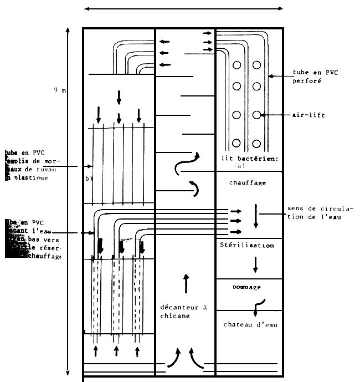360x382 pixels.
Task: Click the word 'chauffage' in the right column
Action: pos(247,182)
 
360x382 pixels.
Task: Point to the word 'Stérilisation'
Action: pos(247,245)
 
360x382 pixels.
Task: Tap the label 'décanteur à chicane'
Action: pos(183,311)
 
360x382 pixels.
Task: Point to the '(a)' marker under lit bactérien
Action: pos(239,166)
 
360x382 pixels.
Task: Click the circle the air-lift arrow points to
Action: pos(257,115)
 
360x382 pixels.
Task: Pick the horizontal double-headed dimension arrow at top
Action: pos(183,8)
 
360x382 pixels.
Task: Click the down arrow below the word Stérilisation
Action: pos(255,264)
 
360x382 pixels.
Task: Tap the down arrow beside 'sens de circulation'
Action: pos(255,216)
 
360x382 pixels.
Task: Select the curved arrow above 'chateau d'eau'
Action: pos(259,304)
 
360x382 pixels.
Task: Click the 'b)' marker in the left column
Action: pos(88,179)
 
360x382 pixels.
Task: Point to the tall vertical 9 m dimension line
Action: pos(68,200)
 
